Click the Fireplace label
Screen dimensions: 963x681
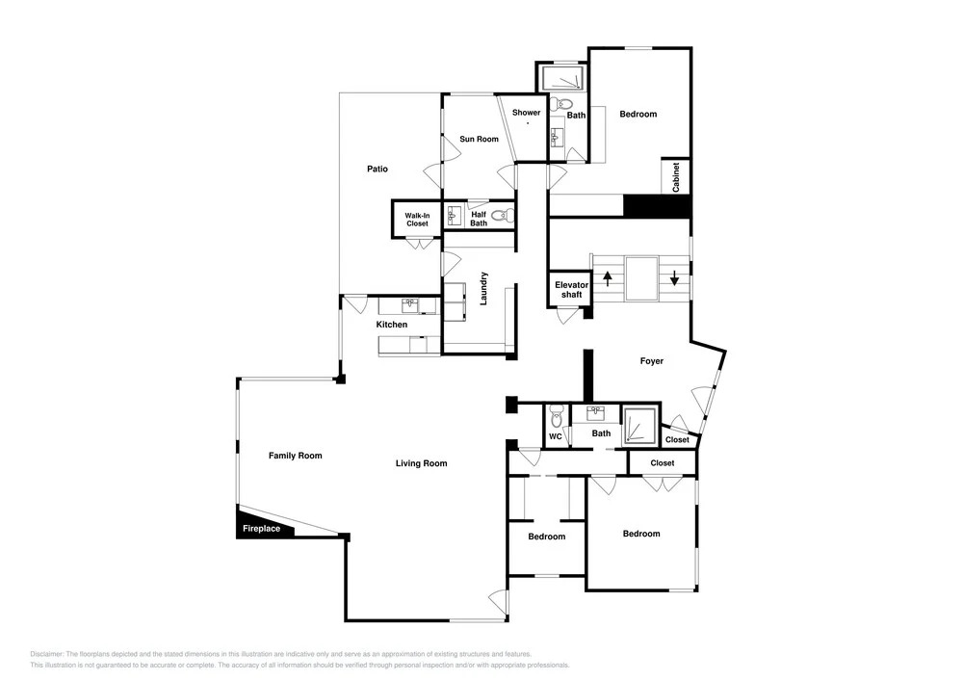click(x=261, y=529)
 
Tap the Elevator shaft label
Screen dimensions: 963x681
click(x=572, y=289)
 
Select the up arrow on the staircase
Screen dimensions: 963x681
click(x=608, y=278)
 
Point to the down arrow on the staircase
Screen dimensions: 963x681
click(x=674, y=278)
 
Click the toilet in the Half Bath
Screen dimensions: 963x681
click(x=503, y=216)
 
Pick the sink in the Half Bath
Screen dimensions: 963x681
click(x=455, y=216)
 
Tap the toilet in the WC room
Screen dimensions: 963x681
click(x=557, y=415)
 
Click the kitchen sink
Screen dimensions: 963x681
click(x=410, y=305)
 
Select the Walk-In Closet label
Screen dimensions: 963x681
click(x=417, y=220)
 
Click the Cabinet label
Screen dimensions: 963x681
click(x=676, y=177)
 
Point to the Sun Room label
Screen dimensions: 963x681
click(x=479, y=139)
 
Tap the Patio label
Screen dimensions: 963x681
click(x=377, y=169)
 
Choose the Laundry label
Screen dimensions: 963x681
click(x=483, y=289)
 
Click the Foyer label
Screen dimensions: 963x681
click(x=652, y=361)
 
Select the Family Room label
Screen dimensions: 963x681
click(x=296, y=456)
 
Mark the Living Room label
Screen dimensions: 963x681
click(x=422, y=463)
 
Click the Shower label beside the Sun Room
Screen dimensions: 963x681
click(x=527, y=113)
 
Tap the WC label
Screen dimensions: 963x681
click(x=556, y=436)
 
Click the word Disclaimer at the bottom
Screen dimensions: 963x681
click(x=46, y=654)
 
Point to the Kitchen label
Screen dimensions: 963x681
click(x=392, y=325)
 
